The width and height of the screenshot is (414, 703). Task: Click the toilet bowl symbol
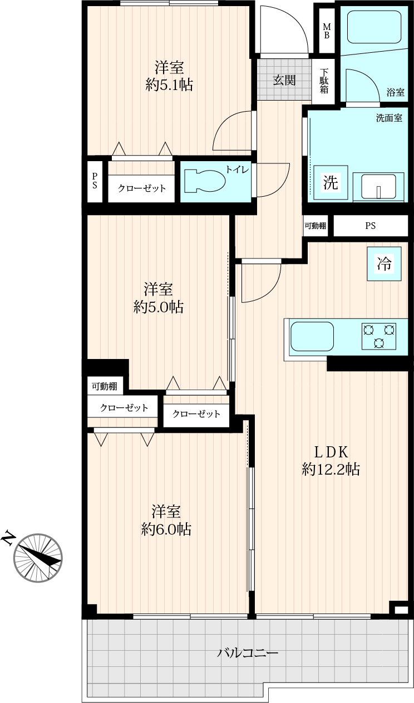pos(204,181)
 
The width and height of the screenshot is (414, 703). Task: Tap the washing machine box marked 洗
pos(331,182)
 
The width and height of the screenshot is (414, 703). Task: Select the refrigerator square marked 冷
pos(384,263)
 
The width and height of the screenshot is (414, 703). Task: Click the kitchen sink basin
pos(312,336)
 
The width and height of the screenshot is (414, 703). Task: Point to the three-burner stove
pos(379,336)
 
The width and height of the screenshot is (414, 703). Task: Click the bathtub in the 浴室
pos(374,27)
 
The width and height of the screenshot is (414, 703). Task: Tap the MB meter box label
pos(327,31)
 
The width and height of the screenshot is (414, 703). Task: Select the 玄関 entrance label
pos(284,81)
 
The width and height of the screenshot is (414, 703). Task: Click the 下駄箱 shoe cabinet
pos(324,81)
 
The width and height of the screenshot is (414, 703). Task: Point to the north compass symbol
pos(38,559)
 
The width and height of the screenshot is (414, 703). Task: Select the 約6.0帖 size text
pos(166,530)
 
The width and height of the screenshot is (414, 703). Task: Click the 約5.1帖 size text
pos(169,84)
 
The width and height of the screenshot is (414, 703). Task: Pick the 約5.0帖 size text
pos(159,307)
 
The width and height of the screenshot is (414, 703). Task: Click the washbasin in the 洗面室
pos(378,186)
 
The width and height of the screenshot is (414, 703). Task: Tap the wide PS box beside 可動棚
pos(371,226)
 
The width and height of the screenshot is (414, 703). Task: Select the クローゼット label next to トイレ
pos(142,188)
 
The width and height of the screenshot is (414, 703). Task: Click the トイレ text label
pos(238,170)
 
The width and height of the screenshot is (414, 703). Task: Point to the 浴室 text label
pos(396,92)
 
